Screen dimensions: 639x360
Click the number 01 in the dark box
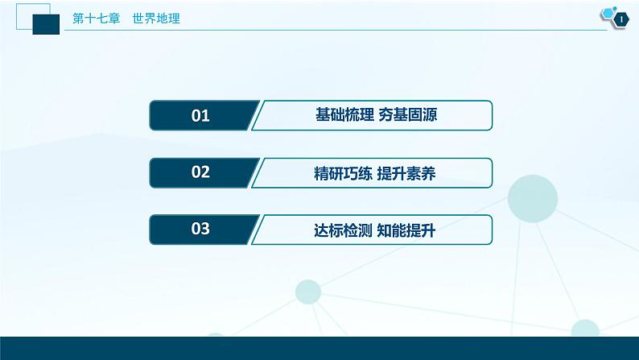pyautogui.click(x=200, y=116)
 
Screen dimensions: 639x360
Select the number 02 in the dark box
pyautogui.click(x=200, y=172)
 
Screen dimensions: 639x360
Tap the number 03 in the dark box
pyautogui.click(x=200, y=229)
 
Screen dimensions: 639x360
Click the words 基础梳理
pyautogui.click(x=344, y=114)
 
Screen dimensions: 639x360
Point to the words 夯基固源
pyautogui.click(x=407, y=114)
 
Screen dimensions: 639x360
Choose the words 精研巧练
pyautogui.click(x=343, y=174)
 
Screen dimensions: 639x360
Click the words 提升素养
pyautogui.click(x=406, y=174)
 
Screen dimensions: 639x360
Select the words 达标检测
pyautogui.click(x=343, y=231)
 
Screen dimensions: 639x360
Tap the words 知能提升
pyautogui.click(x=406, y=231)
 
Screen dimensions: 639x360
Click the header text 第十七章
pyautogui.click(x=97, y=19)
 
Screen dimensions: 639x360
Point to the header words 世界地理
pyautogui.click(x=156, y=19)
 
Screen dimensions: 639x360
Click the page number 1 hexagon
pyautogui.click(x=621, y=19)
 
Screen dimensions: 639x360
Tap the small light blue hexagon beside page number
pyautogui.click(x=608, y=14)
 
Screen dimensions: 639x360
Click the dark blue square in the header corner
pyautogui.click(x=46, y=24)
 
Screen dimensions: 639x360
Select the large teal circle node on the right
pyautogui.click(x=532, y=199)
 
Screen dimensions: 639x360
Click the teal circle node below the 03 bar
pyautogui.click(x=308, y=292)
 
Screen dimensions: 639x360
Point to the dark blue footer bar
pyautogui.click(x=319, y=348)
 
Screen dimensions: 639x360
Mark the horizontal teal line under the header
pyautogui.click(x=336, y=30)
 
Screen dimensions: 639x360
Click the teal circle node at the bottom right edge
pyautogui.click(x=585, y=329)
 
